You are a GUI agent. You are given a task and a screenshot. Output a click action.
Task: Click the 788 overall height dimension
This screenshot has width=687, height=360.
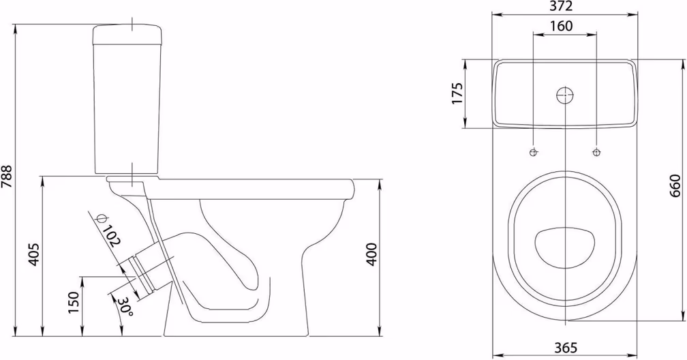click(7, 177)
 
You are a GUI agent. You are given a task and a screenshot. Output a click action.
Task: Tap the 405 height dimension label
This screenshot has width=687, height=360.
click(34, 254)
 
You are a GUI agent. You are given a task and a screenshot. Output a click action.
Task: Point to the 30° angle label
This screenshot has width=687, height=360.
click(125, 306)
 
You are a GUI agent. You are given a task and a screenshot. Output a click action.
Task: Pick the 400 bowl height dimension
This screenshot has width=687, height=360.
click(371, 254)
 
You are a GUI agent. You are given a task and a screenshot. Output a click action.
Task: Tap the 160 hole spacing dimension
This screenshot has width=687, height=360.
click(562, 27)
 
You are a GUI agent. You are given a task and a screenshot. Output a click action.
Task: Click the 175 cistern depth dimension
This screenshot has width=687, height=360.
click(457, 93)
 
